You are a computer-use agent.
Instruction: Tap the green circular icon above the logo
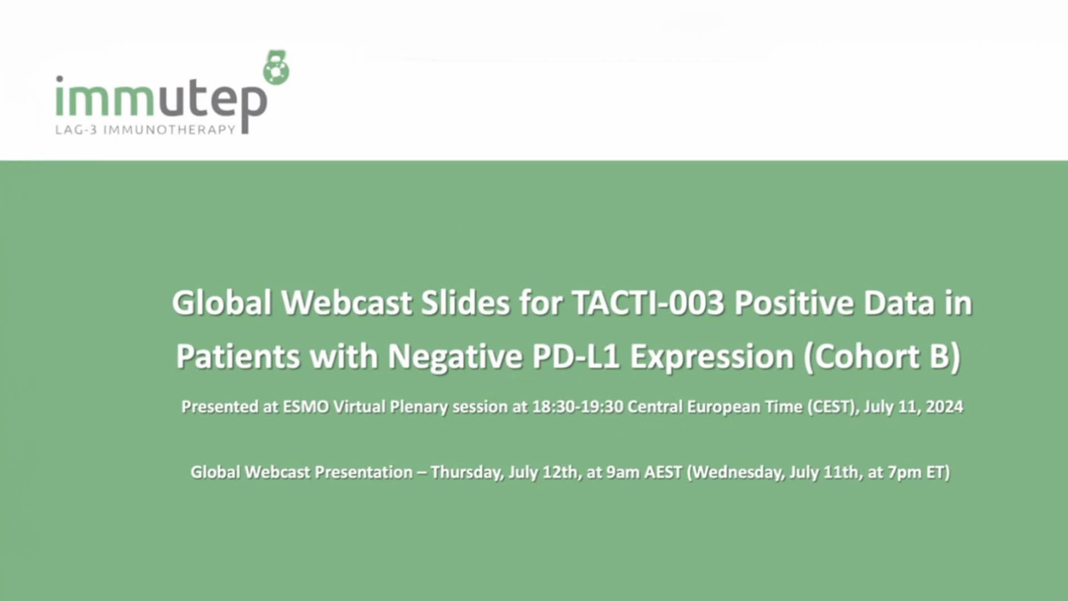[276, 67]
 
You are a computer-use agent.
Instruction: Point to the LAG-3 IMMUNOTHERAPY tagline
[145, 130]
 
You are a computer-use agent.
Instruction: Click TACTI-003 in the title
[648, 303]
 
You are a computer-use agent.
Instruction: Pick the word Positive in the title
[794, 303]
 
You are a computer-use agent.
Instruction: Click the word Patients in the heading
[238, 356]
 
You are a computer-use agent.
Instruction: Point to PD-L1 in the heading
[576, 356]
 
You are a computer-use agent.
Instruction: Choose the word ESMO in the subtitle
[306, 407]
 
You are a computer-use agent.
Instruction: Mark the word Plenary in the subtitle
[418, 407]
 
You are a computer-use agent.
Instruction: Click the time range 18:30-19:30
[577, 407]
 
